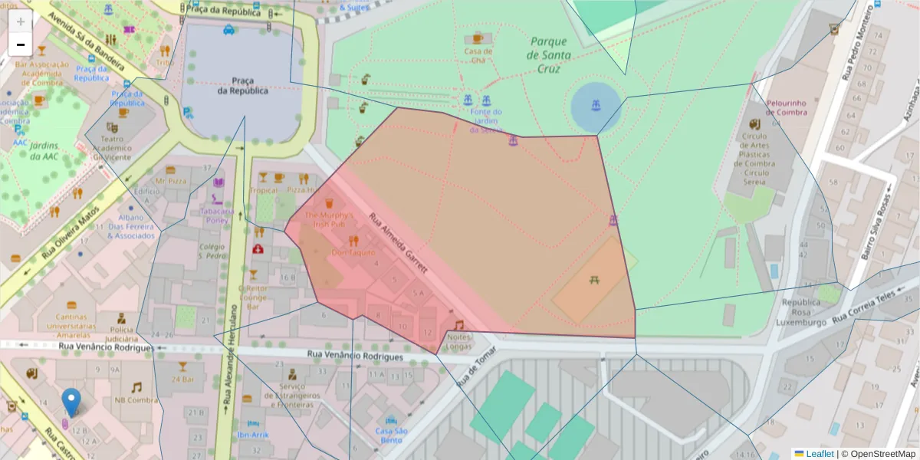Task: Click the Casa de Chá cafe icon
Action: [478, 38]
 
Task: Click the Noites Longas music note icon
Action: [458, 325]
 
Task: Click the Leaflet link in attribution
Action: [820, 454]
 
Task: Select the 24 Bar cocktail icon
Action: [182, 366]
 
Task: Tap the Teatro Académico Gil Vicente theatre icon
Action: [112, 129]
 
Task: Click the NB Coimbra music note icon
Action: [136, 387]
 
